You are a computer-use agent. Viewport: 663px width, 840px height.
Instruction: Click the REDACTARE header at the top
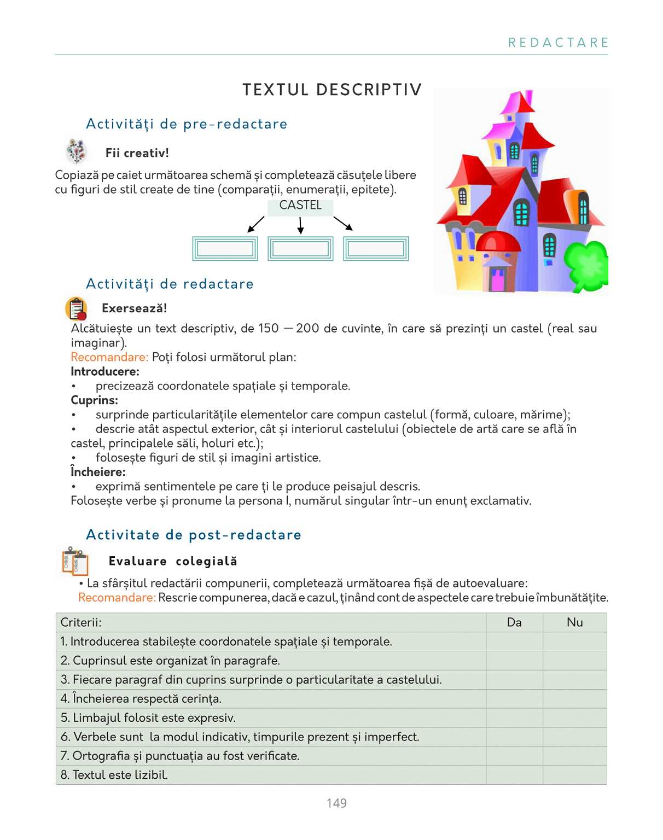tap(558, 43)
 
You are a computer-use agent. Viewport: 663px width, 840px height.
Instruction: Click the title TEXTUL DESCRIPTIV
tap(332, 90)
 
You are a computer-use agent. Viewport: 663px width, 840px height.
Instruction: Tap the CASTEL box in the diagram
tap(300, 206)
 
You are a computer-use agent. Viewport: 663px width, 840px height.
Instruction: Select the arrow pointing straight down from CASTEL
tap(300, 225)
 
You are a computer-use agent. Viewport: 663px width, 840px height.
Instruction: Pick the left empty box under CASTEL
tap(225, 249)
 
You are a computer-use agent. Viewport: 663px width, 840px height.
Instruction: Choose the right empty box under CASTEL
tap(376, 249)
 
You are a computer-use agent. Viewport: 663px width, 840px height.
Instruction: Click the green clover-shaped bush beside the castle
tap(587, 265)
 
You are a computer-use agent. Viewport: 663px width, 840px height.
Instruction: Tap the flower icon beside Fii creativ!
tap(77, 151)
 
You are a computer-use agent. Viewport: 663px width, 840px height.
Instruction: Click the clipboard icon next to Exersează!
tap(77, 308)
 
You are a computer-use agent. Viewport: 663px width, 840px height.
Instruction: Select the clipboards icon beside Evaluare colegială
tap(75, 561)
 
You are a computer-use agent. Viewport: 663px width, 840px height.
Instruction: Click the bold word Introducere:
tap(105, 372)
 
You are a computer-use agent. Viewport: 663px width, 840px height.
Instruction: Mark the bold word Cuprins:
tap(94, 400)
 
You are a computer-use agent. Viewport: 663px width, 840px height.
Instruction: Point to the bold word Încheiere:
tap(98, 472)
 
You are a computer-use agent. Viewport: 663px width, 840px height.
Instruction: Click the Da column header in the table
tap(514, 622)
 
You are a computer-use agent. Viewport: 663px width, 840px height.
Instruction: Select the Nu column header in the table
tap(574, 622)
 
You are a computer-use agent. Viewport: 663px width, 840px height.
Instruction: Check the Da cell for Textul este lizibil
tap(514, 775)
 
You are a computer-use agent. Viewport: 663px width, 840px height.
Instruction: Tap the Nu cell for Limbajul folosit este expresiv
tap(574, 717)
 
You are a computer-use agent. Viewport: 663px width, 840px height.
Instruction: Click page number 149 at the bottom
tap(336, 803)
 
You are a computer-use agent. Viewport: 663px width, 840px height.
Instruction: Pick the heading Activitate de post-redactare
tap(194, 535)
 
